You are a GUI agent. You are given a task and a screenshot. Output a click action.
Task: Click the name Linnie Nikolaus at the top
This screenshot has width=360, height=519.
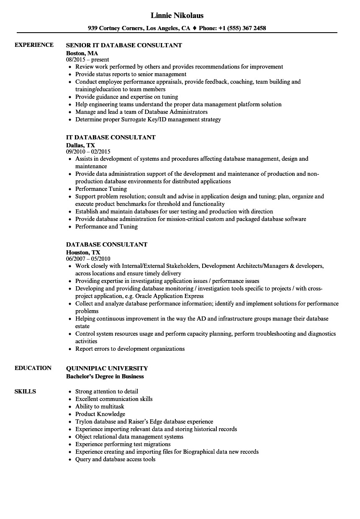177,15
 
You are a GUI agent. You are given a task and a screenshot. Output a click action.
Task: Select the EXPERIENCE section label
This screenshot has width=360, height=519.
34,45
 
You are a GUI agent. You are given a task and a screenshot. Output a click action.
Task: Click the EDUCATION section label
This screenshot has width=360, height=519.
33,368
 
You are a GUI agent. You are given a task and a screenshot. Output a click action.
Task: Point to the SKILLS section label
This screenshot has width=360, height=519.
25,391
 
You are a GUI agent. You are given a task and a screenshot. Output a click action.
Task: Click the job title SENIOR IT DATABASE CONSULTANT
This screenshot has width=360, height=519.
124,45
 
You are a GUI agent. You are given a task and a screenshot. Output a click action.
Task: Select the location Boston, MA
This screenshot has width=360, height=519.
82,53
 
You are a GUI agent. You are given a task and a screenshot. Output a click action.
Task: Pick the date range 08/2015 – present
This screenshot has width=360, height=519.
87,60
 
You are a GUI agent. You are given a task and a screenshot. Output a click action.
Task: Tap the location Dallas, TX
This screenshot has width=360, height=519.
80,145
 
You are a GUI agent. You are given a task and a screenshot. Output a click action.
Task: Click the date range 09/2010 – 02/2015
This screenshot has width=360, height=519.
88,152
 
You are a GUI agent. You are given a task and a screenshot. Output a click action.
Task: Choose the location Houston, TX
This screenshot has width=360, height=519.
83,252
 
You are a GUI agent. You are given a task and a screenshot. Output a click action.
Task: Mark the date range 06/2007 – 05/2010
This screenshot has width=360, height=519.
88,259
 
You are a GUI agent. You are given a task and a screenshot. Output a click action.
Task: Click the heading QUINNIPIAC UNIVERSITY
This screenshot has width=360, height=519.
107,368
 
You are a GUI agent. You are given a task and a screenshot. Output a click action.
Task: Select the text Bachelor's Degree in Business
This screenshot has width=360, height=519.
105,376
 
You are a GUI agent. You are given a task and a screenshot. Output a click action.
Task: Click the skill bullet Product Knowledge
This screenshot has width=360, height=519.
100,414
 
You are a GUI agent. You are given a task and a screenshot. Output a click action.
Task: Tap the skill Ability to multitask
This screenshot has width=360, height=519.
100,406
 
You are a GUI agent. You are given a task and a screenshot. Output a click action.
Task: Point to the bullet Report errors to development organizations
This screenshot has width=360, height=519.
130,349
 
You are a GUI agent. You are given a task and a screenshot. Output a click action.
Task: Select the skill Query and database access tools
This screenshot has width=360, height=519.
115,459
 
